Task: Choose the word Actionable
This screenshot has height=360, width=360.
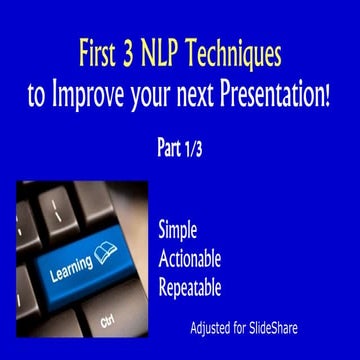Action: (189, 259)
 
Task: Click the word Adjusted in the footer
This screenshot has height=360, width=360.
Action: (214, 327)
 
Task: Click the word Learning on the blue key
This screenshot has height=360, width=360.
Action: (71, 263)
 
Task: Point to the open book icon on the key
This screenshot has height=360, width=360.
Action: (105, 249)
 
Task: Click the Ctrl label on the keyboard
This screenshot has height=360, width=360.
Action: (107, 322)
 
